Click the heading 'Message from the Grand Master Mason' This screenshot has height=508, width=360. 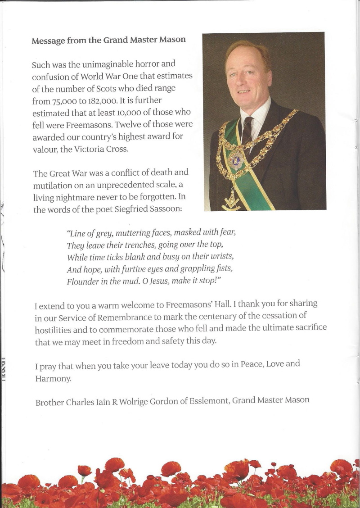tap(108, 40)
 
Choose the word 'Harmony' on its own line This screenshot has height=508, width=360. tap(53, 379)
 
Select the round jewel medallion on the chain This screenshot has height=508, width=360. tap(236, 159)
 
